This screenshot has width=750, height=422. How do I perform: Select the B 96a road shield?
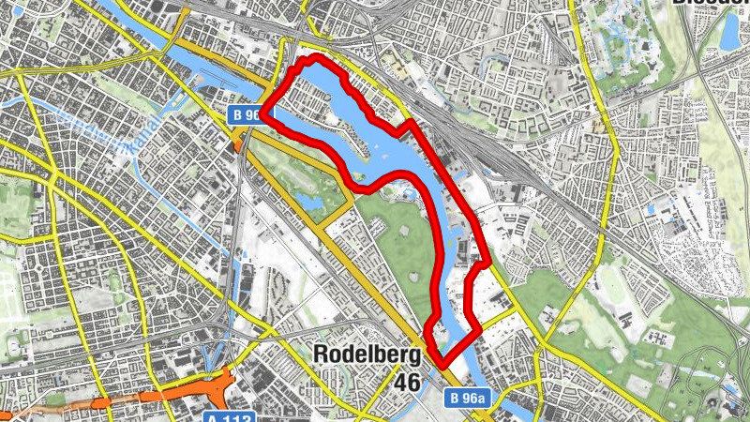[x=467, y=399]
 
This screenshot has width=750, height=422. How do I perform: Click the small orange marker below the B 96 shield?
[x=236, y=143]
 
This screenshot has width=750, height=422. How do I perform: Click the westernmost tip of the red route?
[x=262, y=114]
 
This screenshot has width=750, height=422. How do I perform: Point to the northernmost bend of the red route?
[x=312, y=60]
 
